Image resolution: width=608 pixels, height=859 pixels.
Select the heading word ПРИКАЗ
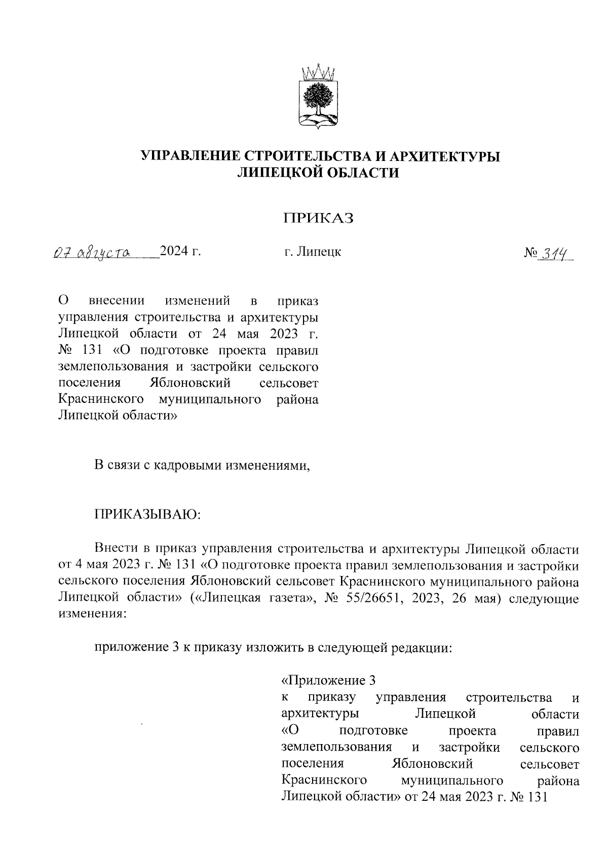pyautogui.click(x=318, y=218)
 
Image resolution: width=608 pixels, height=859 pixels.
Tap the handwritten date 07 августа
pyautogui.click(x=92, y=252)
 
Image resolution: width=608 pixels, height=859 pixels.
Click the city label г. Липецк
pyautogui.click(x=313, y=252)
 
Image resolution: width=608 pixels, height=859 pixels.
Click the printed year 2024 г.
pyautogui.click(x=180, y=251)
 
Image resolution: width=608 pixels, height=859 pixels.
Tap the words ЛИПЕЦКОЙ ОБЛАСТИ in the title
pyautogui.click(x=319, y=173)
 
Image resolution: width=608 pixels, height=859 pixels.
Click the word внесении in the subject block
pyautogui.click(x=117, y=301)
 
